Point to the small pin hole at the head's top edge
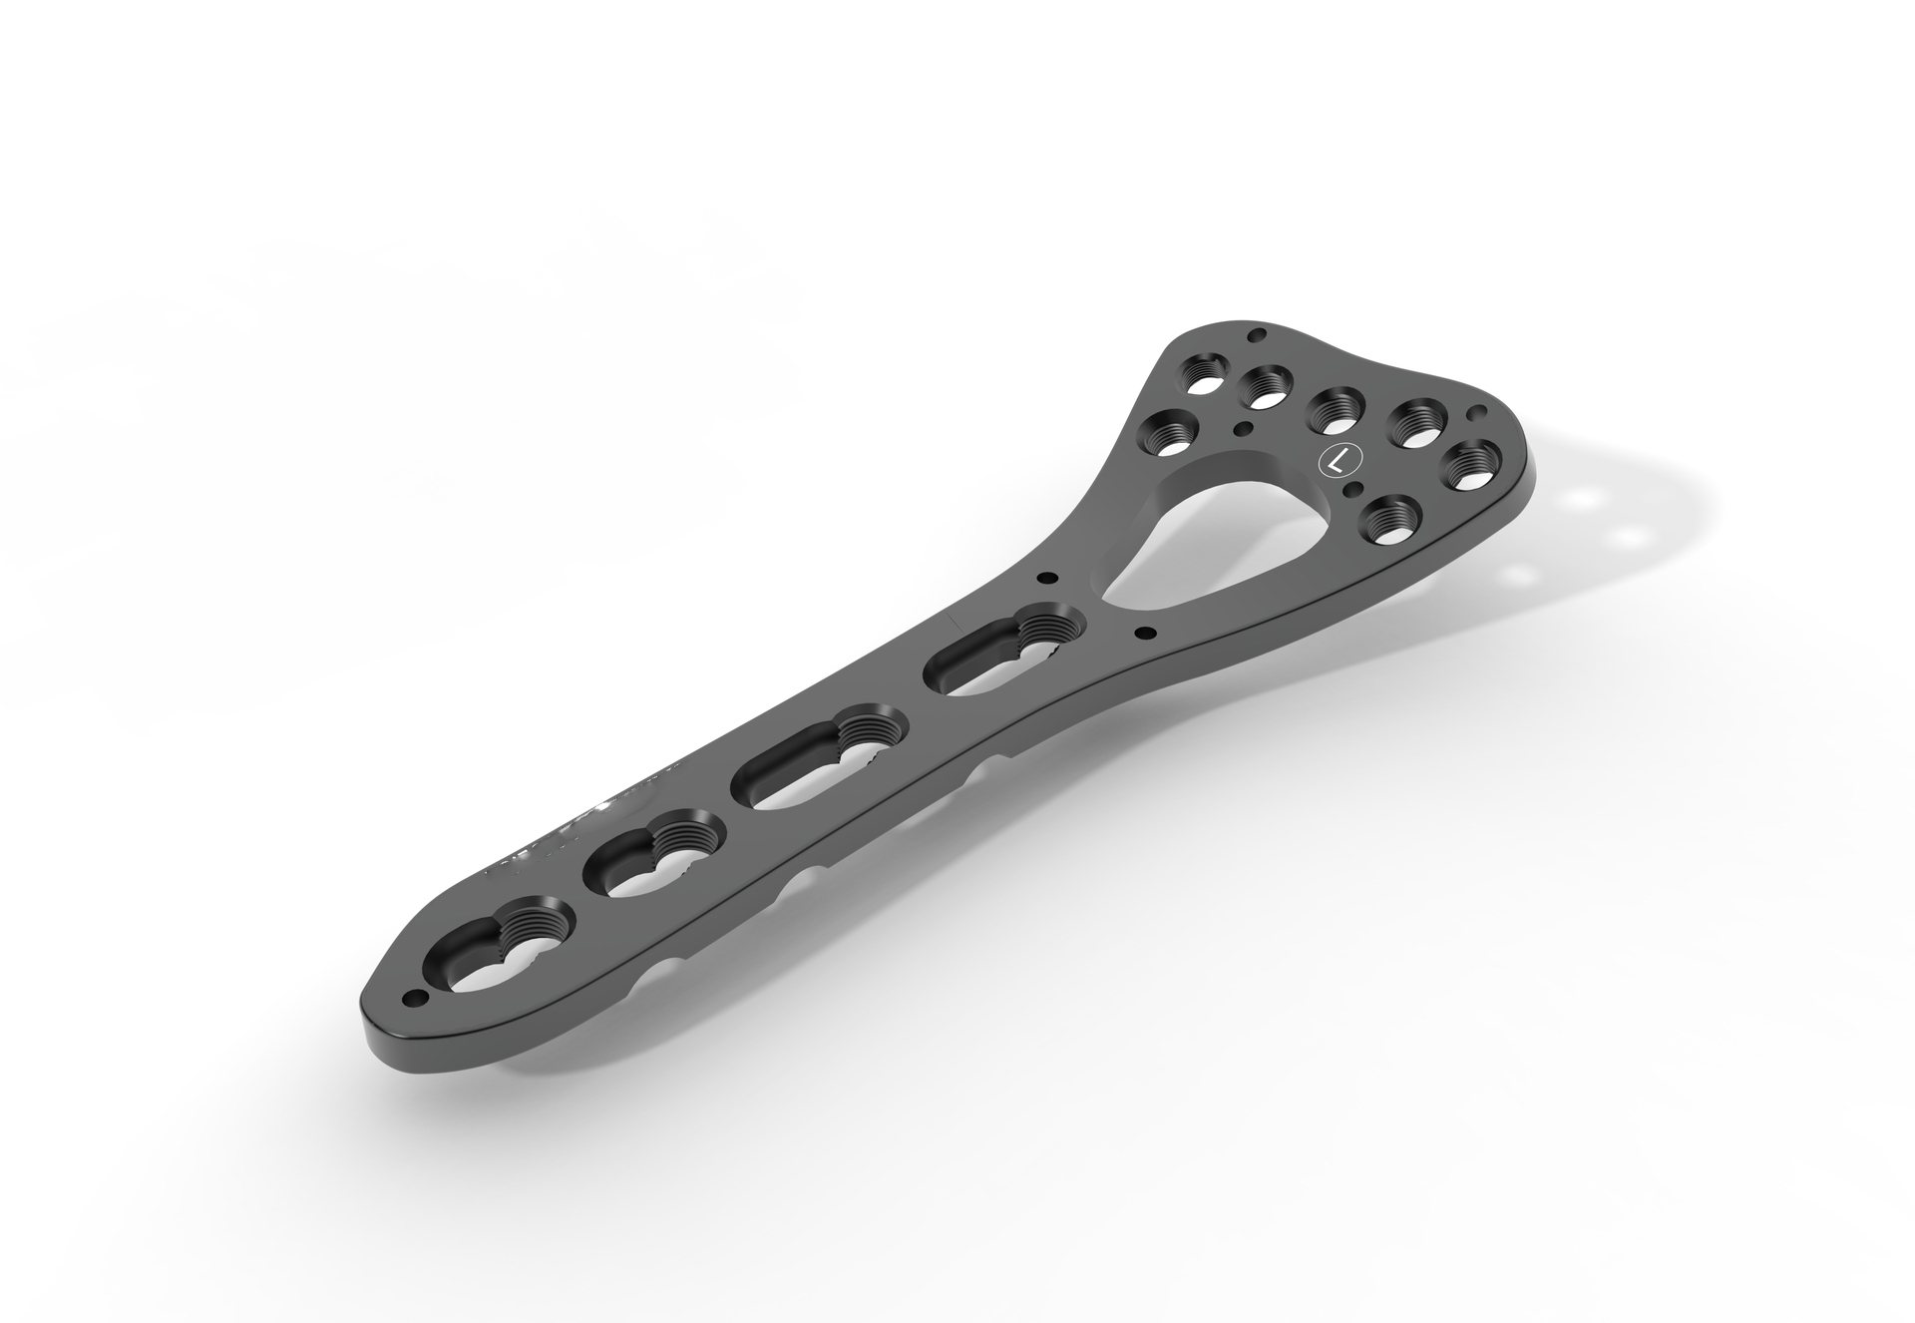click(x=1258, y=334)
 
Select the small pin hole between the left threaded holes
click(x=1242, y=428)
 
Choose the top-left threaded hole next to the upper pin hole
click(x=1203, y=380)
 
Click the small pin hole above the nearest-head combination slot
click(x=1046, y=578)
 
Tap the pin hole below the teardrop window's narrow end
click(x=1145, y=632)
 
